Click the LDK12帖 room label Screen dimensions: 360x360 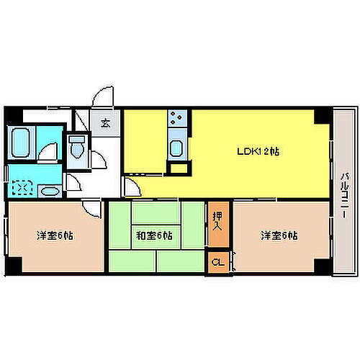[x=259, y=152]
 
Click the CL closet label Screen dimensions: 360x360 [x=217, y=261]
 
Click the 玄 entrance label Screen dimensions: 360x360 [x=106, y=122]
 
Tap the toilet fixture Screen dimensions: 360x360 [x=76, y=147]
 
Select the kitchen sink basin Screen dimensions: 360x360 [x=176, y=149]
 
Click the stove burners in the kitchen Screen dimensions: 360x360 [x=176, y=117]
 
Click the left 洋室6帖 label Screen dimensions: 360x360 [x=54, y=235]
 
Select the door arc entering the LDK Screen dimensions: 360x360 [x=132, y=187]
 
